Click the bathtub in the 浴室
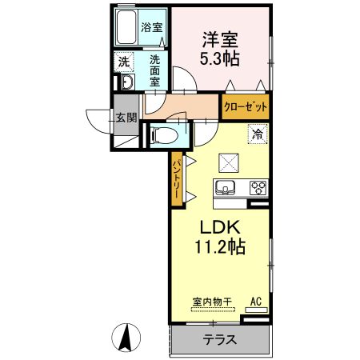pos(126,27)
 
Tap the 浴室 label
pos(152,27)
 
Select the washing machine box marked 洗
pos(124,62)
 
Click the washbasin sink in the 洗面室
pos(128,82)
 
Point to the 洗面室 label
pos(154,70)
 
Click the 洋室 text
pos(220,40)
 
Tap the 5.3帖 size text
pos(220,58)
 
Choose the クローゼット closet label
pos(246,107)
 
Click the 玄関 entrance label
pos(126,118)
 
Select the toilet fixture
pos(164,135)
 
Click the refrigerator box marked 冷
pos(258,134)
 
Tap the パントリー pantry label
pos(177,178)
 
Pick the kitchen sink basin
pos(226,187)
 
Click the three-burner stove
pos(258,188)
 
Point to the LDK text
pos(220,227)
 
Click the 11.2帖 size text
pos(220,246)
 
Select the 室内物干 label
pos(212,302)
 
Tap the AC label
pos(256,302)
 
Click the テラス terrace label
pos(220,340)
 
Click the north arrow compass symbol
pos(126,338)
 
